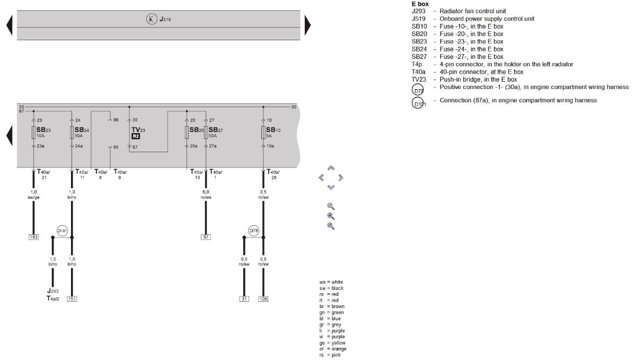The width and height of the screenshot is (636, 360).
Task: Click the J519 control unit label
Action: click(x=165, y=20)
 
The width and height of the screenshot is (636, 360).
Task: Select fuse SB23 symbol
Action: click(x=33, y=133)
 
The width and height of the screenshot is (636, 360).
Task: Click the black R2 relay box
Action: click(x=136, y=136)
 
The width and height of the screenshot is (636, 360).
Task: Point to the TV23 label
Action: click(x=138, y=129)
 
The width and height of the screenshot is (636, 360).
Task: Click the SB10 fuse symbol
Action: click(x=263, y=133)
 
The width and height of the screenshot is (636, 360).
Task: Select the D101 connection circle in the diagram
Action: click(x=62, y=231)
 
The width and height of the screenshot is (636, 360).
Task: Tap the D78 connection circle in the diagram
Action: click(x=254, y=231)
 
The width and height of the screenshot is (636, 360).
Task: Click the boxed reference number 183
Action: click(x=33, y=236)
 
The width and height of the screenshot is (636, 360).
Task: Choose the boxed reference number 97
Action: click(x=206, y=236)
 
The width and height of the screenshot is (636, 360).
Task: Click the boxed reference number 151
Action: click(x=72, y=299)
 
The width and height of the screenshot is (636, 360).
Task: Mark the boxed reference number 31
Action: click(x=244, y=299)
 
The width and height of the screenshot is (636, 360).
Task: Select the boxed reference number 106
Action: click(x=263, y=299)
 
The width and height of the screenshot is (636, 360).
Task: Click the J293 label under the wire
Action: click(x=52, y=291)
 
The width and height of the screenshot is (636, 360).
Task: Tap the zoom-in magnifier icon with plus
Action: click(x=331, y=216)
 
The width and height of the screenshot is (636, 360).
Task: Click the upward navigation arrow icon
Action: click(x=331, y=168)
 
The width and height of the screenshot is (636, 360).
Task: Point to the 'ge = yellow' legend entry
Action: click(x=332, y=343)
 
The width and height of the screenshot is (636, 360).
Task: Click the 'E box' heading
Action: click(x=420, y=4)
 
